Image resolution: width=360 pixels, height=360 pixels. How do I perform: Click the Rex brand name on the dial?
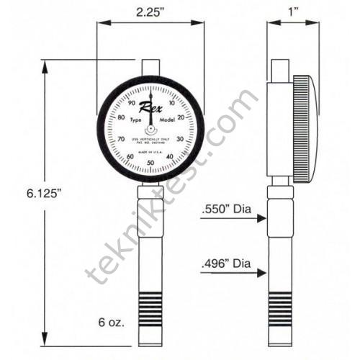click(x=150, y=109)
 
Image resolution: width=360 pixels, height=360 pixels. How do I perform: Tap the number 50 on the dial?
click(x=150, y=164)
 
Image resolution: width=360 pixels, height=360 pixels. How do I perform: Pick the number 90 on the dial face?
click(x=130, y=104)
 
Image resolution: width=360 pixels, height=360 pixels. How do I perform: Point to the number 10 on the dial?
click(x=170, y=104)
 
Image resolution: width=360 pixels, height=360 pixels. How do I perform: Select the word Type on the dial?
click(x=135, y=122)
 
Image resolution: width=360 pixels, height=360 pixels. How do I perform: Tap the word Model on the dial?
click(x=167, y=121)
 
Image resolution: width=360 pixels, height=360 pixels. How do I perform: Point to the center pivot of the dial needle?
click(x=150, y=129)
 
